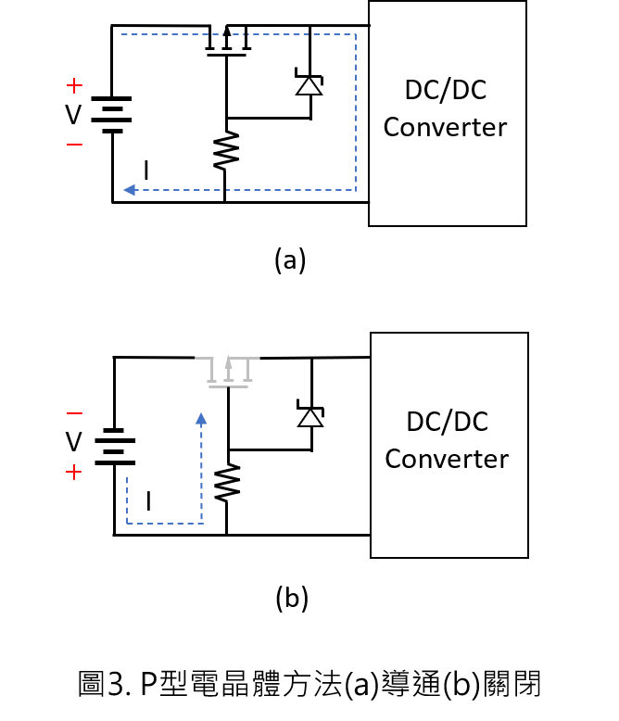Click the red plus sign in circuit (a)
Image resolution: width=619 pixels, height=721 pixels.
[74, 85]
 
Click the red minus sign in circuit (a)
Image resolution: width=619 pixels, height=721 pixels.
[74, 145]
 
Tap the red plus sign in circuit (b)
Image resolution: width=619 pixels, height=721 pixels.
[73, 473]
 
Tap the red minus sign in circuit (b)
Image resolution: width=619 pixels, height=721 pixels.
[74, 413]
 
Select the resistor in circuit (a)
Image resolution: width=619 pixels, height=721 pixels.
[226, 150]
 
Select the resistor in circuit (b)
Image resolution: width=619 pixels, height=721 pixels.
[227, 482]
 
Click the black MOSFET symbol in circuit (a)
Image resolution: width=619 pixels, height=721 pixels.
[227, 41]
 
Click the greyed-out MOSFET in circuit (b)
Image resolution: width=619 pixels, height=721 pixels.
[229, 372]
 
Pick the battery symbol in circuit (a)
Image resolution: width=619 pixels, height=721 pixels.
[112, 115]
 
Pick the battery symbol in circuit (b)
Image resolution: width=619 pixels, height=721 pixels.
[115, 447]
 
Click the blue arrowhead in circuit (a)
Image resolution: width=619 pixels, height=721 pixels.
[130, 189]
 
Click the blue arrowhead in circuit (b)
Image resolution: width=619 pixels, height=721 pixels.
[201, 419]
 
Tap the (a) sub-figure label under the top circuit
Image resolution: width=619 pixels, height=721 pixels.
[290, 260]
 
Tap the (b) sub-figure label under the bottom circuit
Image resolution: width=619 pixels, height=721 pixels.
[292, 599]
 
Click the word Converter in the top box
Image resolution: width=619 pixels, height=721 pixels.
[445, 127]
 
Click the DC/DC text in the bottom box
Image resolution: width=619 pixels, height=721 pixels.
[447, 422]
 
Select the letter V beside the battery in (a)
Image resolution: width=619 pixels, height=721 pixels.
[73, 115]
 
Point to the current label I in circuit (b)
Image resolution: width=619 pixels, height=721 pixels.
[148, 500]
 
